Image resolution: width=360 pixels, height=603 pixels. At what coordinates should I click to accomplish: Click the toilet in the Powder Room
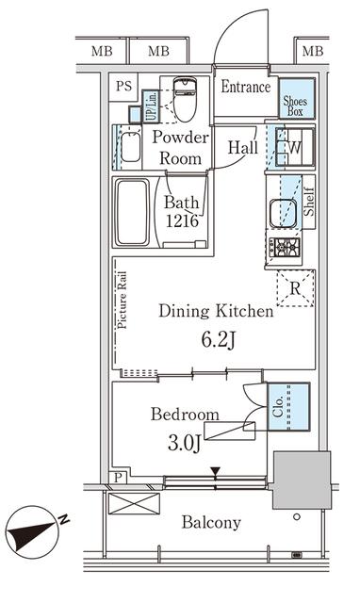pyautogui.click(x=185, y=99)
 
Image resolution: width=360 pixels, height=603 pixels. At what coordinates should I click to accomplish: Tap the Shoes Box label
pyautogui.click(x=295, y=106)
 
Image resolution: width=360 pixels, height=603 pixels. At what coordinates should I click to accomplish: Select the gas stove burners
pyautogui.click(x=285, y=247)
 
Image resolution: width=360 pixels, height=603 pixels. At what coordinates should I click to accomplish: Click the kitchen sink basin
pyautogui.click(x=283, y=214)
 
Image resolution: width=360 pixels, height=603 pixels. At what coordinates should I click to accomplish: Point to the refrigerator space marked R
pyautogui.click(x=295, y=288)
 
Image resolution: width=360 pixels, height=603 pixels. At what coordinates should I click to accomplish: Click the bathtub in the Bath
pyautogui.click(x=132, y=211)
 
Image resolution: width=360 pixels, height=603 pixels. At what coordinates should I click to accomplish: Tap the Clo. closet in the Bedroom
pyautogui.click(x=288, y=406)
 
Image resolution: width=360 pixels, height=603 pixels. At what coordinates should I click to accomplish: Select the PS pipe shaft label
pyautogui.click(x=123, y=86)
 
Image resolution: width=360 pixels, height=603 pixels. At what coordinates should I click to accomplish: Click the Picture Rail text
pyautogui.click(x=122, y=300)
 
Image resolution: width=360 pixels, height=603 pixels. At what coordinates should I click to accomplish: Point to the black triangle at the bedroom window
pyautogui.click(x=215, y=471)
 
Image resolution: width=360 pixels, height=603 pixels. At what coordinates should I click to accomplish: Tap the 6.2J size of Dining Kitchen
pyautogui.click(x=218, y=339)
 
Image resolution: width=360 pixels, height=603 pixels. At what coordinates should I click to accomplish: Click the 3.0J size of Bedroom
pyautogui.click(x=184, y=443)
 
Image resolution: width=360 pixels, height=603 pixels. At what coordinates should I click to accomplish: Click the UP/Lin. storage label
pyautogui.click(x=152, y=106)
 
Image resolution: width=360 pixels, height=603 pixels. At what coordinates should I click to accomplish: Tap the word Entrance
pyautogui.click(x=245, y=87)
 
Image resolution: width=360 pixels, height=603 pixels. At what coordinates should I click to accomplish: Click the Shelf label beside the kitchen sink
pyautogui.click(x=309, y=202)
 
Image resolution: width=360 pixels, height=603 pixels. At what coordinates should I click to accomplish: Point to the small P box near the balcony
pyautogui.click(x=119, y=478)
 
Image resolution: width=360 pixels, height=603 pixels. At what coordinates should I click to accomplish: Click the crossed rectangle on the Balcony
pyautogui.click(x=134, y=503)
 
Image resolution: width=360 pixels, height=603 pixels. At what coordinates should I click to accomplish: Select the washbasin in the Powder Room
pyautogui.click(x=130, y=147)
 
